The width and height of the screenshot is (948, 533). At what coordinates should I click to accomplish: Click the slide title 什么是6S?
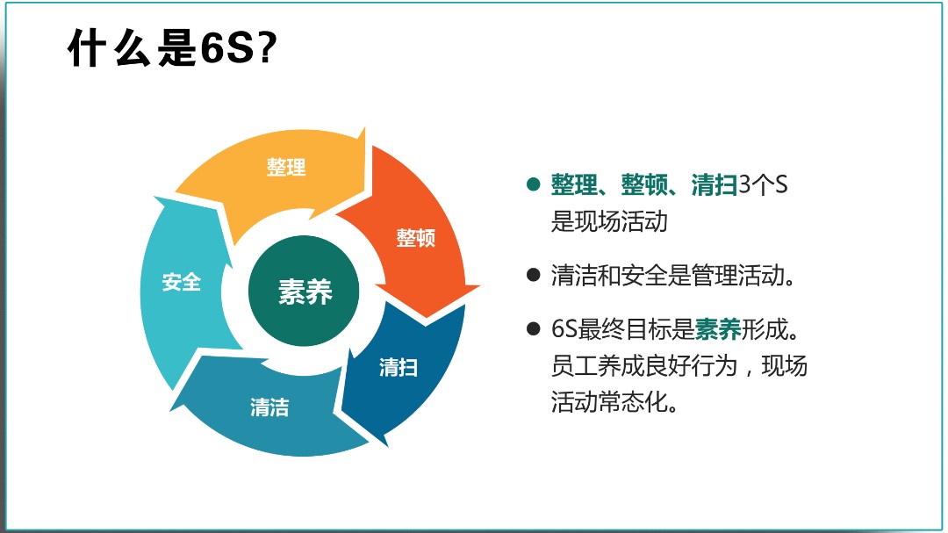173,50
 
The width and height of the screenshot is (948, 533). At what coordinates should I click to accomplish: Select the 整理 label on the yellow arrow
286,167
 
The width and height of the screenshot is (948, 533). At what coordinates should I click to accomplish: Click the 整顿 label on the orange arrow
415,237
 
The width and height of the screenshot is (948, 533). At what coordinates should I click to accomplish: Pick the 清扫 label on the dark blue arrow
398,367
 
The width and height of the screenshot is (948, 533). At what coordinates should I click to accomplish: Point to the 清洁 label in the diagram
269,407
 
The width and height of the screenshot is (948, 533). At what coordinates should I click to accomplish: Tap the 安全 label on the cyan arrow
181,282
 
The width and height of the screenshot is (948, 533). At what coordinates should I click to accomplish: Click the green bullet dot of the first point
532,185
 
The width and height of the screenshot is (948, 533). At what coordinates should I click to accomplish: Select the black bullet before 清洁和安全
532,276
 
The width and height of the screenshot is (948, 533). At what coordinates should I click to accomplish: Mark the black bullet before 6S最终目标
532,329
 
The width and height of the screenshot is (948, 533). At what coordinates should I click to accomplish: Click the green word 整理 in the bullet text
573,185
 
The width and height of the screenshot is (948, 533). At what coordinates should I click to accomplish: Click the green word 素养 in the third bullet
718,329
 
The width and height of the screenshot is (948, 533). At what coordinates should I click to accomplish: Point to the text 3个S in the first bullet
763,185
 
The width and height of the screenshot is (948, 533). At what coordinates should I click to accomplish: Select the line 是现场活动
609,221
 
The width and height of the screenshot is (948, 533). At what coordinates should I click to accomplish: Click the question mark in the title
268,50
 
